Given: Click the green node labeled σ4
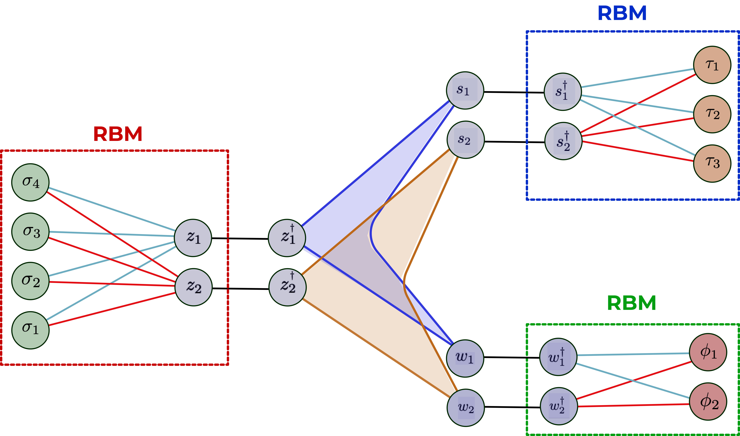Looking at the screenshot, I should point(30,182).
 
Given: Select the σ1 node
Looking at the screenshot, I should point(30,330).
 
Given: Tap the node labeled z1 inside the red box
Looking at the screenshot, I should point(193,238).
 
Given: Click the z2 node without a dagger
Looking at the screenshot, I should point(193,287).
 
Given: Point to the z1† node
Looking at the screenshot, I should point(287,238).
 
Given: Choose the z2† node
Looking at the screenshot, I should point(287,287).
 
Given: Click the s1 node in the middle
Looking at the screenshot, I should point(465,90).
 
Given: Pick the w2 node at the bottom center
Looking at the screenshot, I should point(465,408).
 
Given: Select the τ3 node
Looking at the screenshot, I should point(712,163).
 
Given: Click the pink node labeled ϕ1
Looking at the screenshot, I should point(708,352).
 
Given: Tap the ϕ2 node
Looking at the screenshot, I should point(708,401).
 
